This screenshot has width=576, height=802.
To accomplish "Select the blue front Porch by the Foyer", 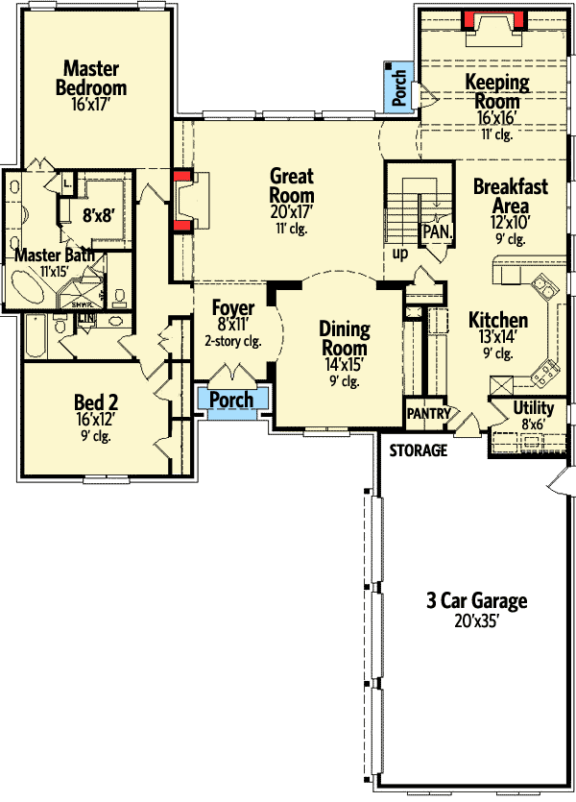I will point(231,400).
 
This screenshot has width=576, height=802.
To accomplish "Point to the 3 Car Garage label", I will point(477,602).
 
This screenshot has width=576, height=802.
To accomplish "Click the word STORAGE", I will point(418,450).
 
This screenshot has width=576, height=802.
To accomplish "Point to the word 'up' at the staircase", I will point(401,254).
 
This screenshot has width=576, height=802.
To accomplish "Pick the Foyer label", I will point(233,308).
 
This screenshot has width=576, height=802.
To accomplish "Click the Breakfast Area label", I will point(511,195).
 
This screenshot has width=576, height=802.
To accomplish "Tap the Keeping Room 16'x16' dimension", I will point(497,118).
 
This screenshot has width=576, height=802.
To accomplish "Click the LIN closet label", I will point(86,318).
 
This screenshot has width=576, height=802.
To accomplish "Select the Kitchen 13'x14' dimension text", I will point(497,337).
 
